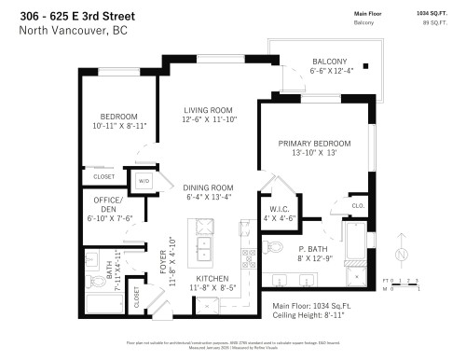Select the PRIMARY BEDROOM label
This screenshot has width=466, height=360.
[314, 143]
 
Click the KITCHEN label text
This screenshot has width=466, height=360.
[212, 279]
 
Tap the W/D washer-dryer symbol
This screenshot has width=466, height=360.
[144, 181]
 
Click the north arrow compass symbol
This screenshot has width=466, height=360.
[400, 254]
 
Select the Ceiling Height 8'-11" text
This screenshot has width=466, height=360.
[308, 315]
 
